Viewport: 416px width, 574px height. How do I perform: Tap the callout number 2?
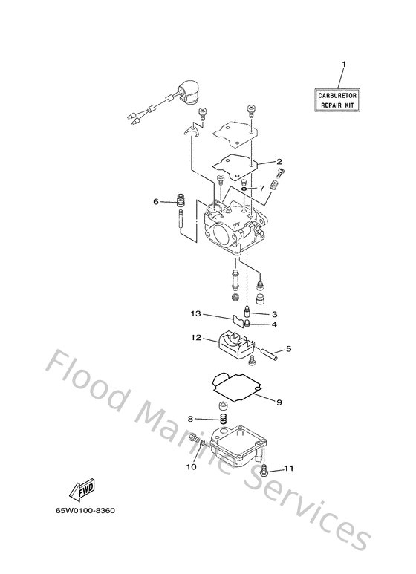coord(279,161)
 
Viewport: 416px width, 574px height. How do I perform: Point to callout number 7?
coord(262,188)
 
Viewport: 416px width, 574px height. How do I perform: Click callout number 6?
coord(156,200)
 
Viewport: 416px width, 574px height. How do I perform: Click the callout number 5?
coord(289,348)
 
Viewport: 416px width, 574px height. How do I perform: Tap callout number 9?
coord(279,402)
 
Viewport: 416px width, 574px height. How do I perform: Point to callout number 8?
coord(191,420)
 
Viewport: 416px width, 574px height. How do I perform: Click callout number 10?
coord(192,466)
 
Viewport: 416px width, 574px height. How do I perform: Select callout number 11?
coord(290,469)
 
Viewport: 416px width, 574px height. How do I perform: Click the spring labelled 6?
coord(179,200)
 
